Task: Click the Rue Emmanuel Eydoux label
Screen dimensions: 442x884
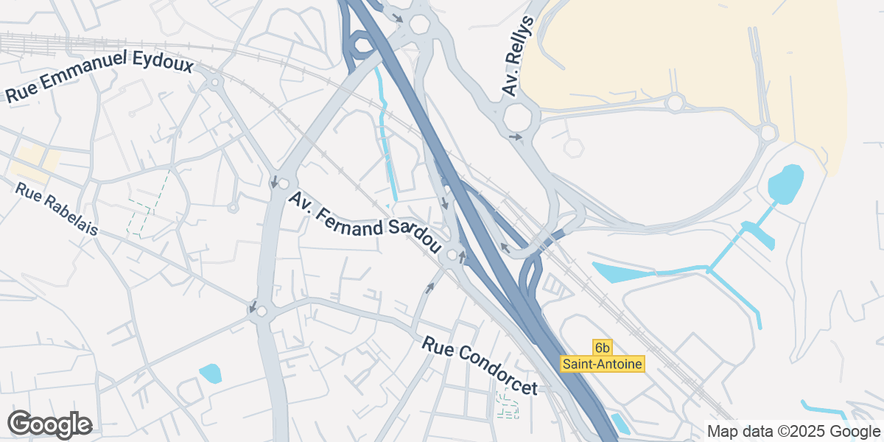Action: [99, 77]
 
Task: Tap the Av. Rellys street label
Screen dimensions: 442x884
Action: [518, 55]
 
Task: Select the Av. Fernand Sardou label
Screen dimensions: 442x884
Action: [364, 222]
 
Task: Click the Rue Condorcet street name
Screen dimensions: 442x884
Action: [480, 365]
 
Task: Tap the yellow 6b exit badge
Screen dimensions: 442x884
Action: [603, 347]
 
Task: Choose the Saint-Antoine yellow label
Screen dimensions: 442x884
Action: [603, 363]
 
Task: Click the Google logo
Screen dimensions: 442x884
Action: [50, 424]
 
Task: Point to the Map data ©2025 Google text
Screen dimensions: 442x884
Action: [793, 431]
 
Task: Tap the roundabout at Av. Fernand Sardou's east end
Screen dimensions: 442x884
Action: [451, 256]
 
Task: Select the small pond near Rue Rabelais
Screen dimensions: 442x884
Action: [210, 373]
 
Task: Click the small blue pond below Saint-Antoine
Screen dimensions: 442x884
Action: [620, 423]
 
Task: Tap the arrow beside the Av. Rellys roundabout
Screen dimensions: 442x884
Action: [515, 137]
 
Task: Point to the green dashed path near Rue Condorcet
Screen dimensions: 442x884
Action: [507, 405]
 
